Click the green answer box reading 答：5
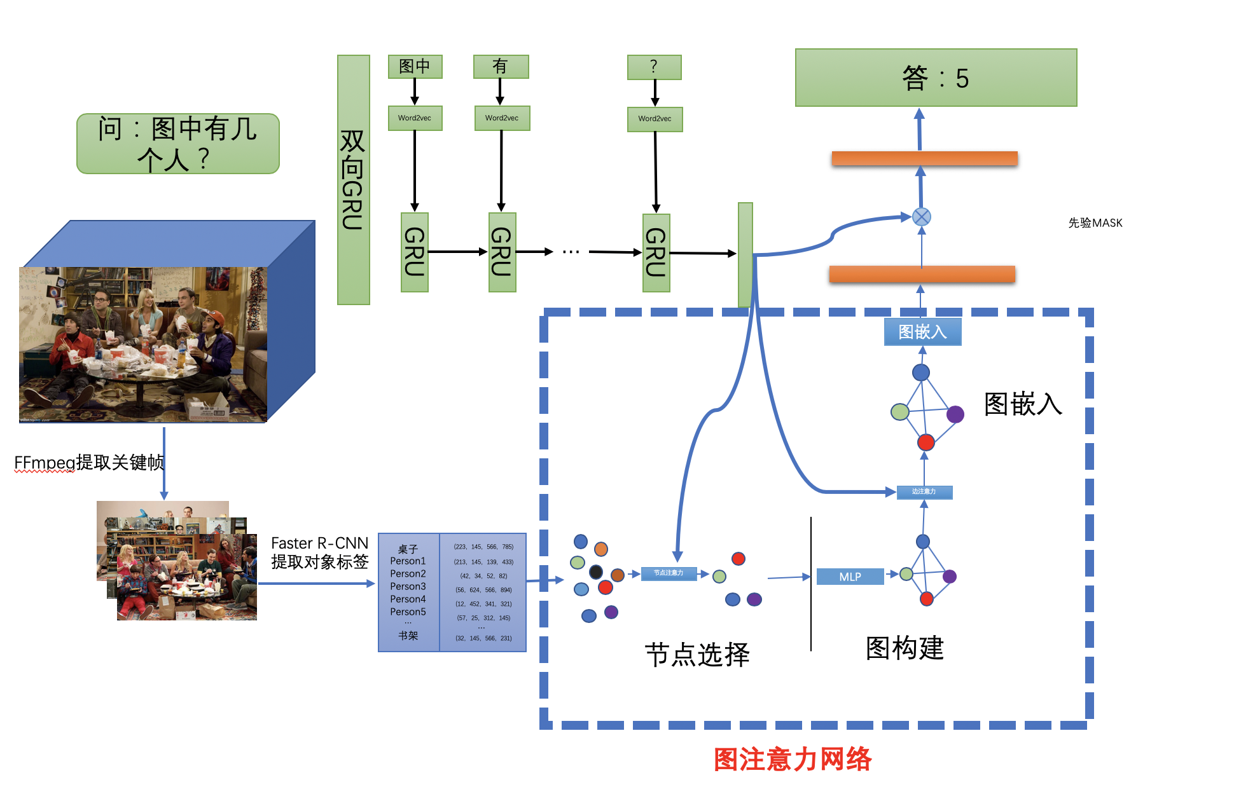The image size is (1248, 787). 935,78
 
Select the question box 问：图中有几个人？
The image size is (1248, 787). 177,144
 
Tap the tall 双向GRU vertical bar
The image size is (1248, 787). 353,179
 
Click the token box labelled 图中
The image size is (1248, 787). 415,67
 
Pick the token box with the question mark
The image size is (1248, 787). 654,67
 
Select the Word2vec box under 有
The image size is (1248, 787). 502,118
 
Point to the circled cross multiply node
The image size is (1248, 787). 921,217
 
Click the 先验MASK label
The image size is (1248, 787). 1095,223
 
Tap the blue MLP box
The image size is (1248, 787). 850,577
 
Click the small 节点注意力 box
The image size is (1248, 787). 668,573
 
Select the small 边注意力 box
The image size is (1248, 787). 924,491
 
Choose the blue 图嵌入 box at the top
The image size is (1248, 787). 922,332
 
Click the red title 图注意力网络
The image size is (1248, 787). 793,759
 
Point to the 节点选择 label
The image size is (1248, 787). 697,654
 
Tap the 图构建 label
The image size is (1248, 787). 905,648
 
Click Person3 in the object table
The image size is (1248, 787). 408,586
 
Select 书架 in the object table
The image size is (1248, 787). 408,636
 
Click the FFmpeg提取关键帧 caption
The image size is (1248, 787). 89,462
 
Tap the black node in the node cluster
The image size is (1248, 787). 595,571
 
